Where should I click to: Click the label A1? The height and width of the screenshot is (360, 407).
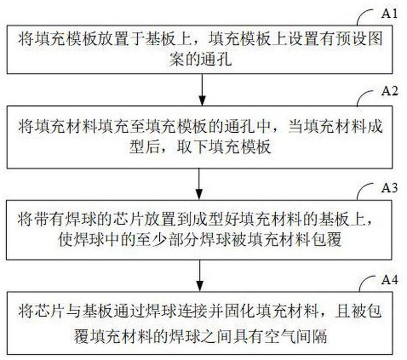(x=389, y=13)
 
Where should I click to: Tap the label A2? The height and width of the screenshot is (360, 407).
(x=389, y=91)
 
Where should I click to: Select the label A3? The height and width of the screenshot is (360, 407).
(x=389, y=188)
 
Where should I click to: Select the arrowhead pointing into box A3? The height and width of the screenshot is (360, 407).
(x=199, y=195)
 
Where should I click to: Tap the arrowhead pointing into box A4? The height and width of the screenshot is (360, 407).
(x=199, y=286)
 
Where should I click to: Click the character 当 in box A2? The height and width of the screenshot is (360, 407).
(x=295, y=126)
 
